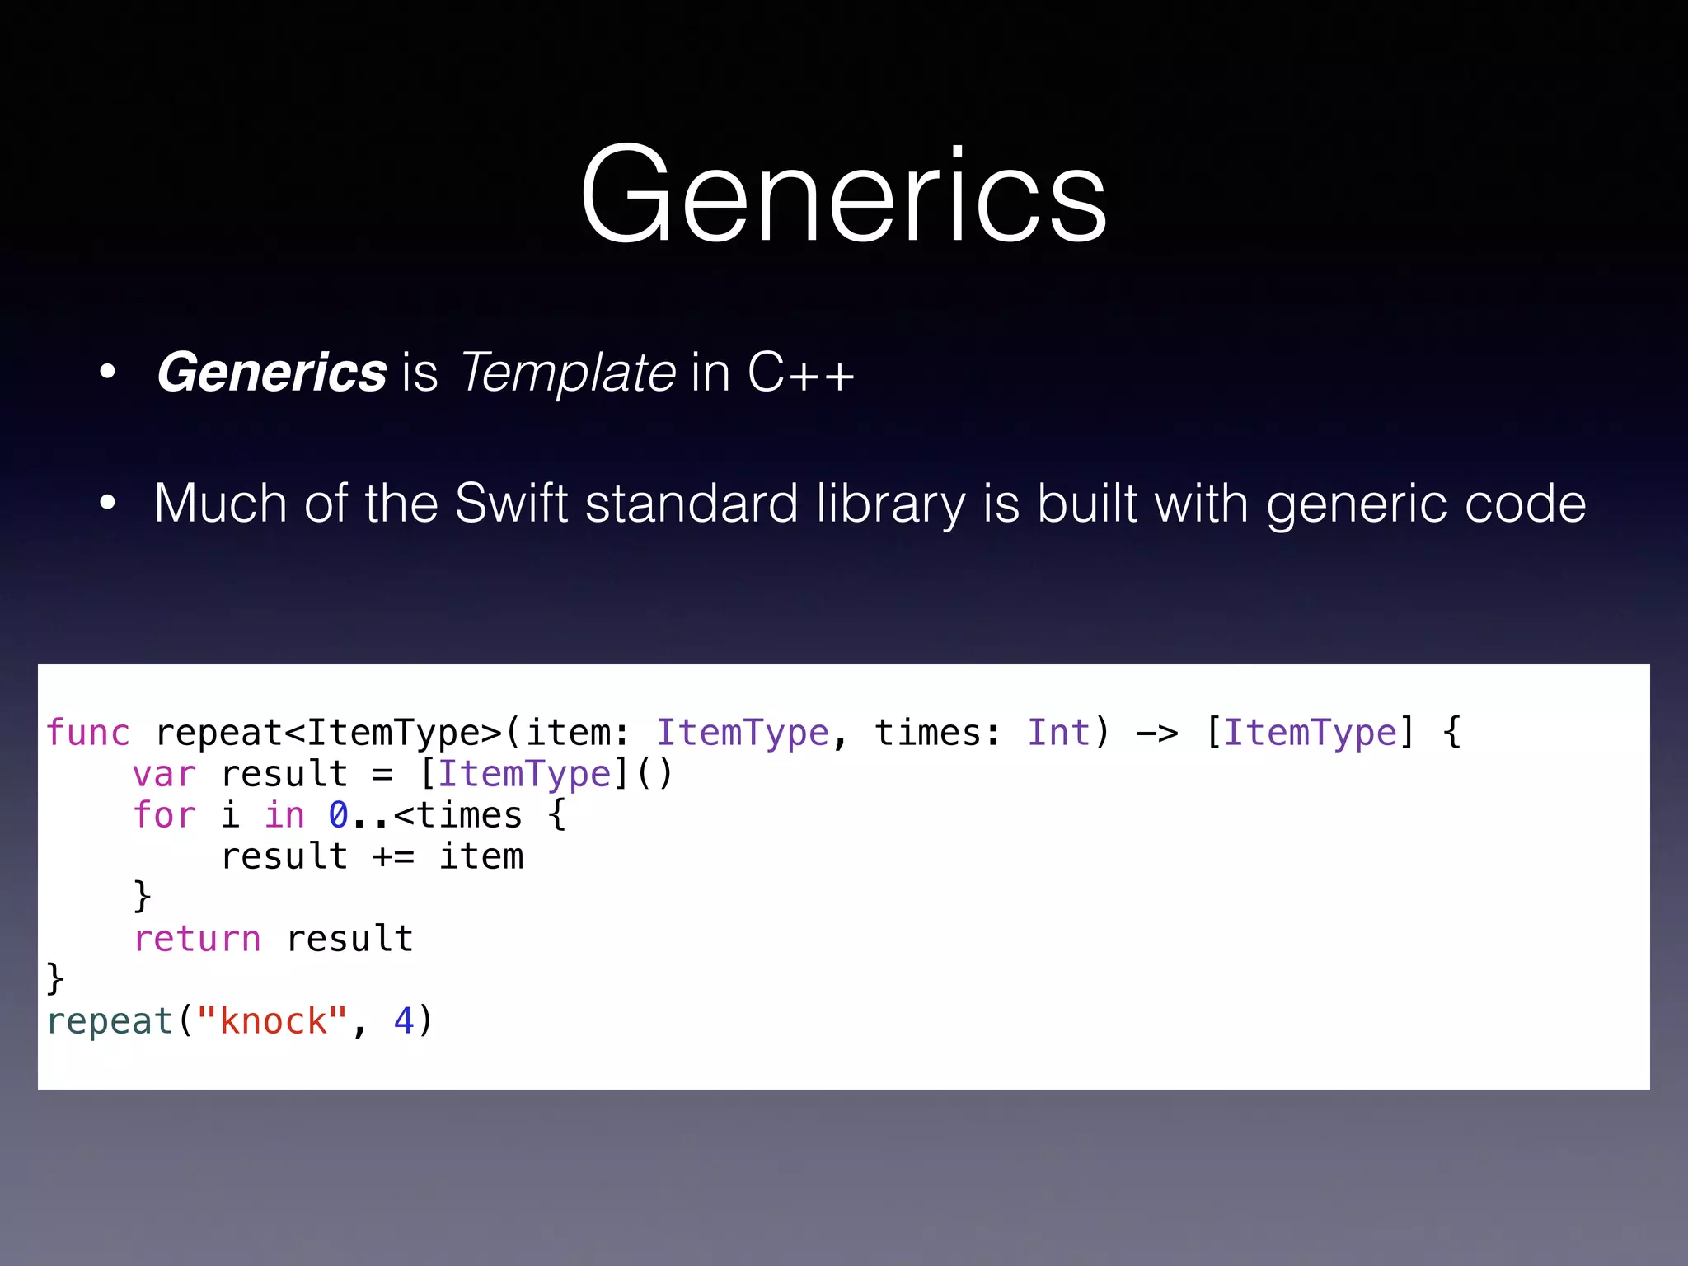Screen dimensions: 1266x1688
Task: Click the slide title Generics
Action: pyautogui.click(x=843, y=195)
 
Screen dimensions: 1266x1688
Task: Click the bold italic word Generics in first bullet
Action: pyautogui.click(x=271, y=373)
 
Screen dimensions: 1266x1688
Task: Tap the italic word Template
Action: pyautogui.click(x=568, y=373)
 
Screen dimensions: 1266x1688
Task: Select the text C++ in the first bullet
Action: pyautogui.click(x=800, y=373)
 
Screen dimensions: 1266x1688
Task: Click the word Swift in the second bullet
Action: pyautogui.click(x=511, y=503)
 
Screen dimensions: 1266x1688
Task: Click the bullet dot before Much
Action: pyautogui.click(x=107, y=503)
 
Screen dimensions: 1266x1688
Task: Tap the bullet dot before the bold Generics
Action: pyautogui.click(x=107, y=373)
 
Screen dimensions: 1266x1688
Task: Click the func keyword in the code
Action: pyautogui.click(x=88, y=733)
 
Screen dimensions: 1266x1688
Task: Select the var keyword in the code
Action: pyautogui.click(x=164, y=774)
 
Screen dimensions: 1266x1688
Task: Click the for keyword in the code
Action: pyautogui.click(x=164, y=815)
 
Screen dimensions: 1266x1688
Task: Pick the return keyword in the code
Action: pyautogui.click(x=197, y=939)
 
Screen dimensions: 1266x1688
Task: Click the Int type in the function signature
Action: pyautogui.click(x=1058, y=733)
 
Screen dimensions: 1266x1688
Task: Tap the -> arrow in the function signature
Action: pyautogui.click(x=1156, y=733)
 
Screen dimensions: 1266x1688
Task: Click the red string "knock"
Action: pyautogui.click(x=272, y=1021)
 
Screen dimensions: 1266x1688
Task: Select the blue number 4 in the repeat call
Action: pyautogui.click(x=404, y=1021)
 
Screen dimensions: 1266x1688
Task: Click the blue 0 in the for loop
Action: pyautogui.click(x=338, y=815)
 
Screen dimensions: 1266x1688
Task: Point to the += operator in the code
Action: pyautogui.click(x=393, y=856)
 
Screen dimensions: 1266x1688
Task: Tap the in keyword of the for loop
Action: pyautogui.click(x=284, y=815)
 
